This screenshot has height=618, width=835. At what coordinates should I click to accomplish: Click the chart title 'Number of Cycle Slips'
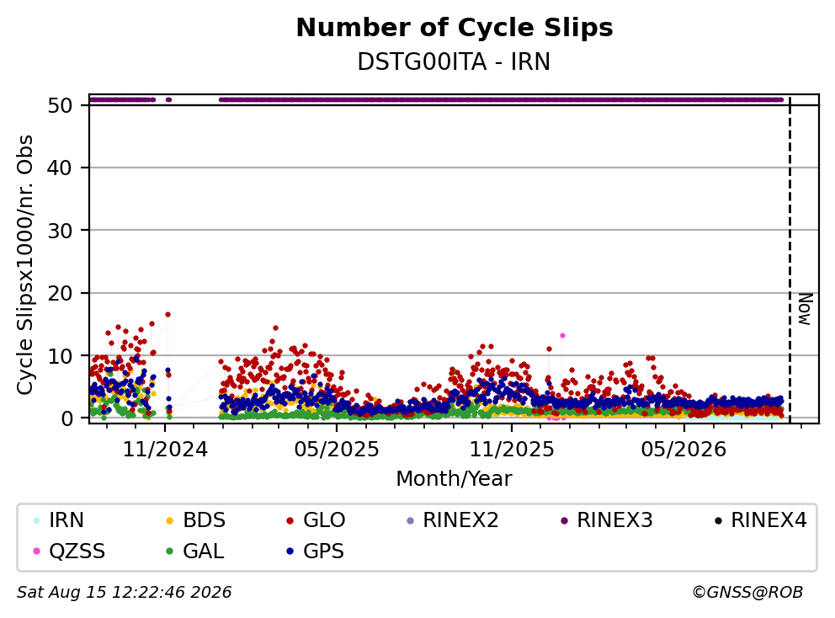coord(455,28)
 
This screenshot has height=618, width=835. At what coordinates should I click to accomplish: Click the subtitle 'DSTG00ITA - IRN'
coord(454,61)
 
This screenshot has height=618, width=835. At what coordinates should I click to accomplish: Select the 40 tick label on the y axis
coord(60,168)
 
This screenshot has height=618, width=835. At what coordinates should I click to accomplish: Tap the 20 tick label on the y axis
coord(60,293)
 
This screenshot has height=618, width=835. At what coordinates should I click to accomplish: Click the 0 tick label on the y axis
coord(66,418)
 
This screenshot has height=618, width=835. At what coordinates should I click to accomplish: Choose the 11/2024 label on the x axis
coord(165,450)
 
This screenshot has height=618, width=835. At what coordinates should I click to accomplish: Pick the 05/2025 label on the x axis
coord(337,450)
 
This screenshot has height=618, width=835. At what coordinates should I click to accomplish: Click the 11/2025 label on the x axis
coord(511,450)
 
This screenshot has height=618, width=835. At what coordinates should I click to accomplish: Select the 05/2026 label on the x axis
coord(683,450)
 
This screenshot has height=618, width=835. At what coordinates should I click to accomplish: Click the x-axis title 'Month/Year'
coord(454,478)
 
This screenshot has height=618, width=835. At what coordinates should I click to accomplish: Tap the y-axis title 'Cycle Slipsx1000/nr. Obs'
coord(24,264)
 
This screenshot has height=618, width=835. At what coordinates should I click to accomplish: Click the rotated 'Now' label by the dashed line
coord(805,309)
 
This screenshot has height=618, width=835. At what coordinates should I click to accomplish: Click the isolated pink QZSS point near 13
coord(562,336)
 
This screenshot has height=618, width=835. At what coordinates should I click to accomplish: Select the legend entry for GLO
coord(316,520)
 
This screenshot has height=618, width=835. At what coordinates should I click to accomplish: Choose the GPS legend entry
coord(316,551)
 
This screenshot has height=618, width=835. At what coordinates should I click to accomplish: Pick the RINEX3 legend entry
coord(607,520)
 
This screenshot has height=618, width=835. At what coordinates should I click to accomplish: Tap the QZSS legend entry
coord(69,551)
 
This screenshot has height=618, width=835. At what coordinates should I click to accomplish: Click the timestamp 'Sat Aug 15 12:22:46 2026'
coord(125,592)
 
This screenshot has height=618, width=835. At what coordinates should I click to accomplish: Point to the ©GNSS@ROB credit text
coord(747,592)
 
